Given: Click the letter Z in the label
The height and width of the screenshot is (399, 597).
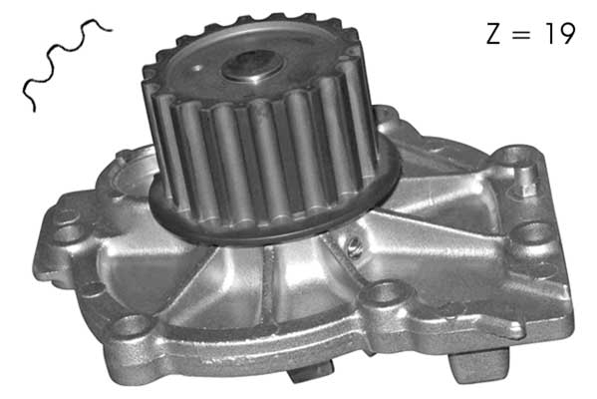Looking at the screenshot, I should tap(491, 34).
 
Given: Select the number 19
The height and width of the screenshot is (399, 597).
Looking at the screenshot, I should tap(558, 34).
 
